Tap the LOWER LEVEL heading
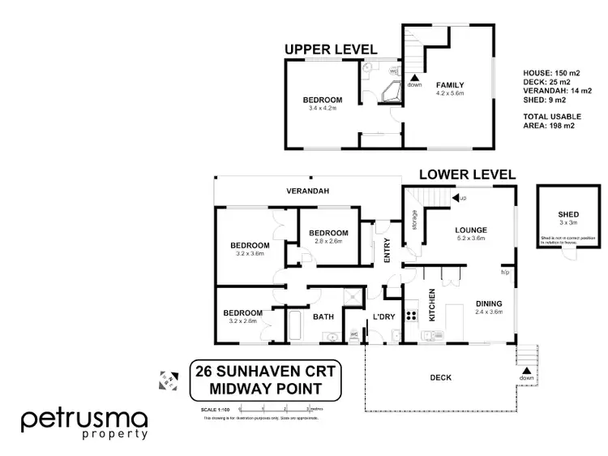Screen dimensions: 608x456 [x=467, y=174]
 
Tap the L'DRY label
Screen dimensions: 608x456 [x=382, y=316]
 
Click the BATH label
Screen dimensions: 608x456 [x=323, y=317]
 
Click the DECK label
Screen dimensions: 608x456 [x=441, y=377]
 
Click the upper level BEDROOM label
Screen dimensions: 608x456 [x=323, y=100]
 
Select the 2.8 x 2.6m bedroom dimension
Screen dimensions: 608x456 [x=328, y=241]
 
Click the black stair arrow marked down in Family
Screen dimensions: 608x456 [x=414, y=77]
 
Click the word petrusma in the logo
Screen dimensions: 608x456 [x=84, y=419]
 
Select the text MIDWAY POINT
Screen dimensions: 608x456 [x=267, y=389]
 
